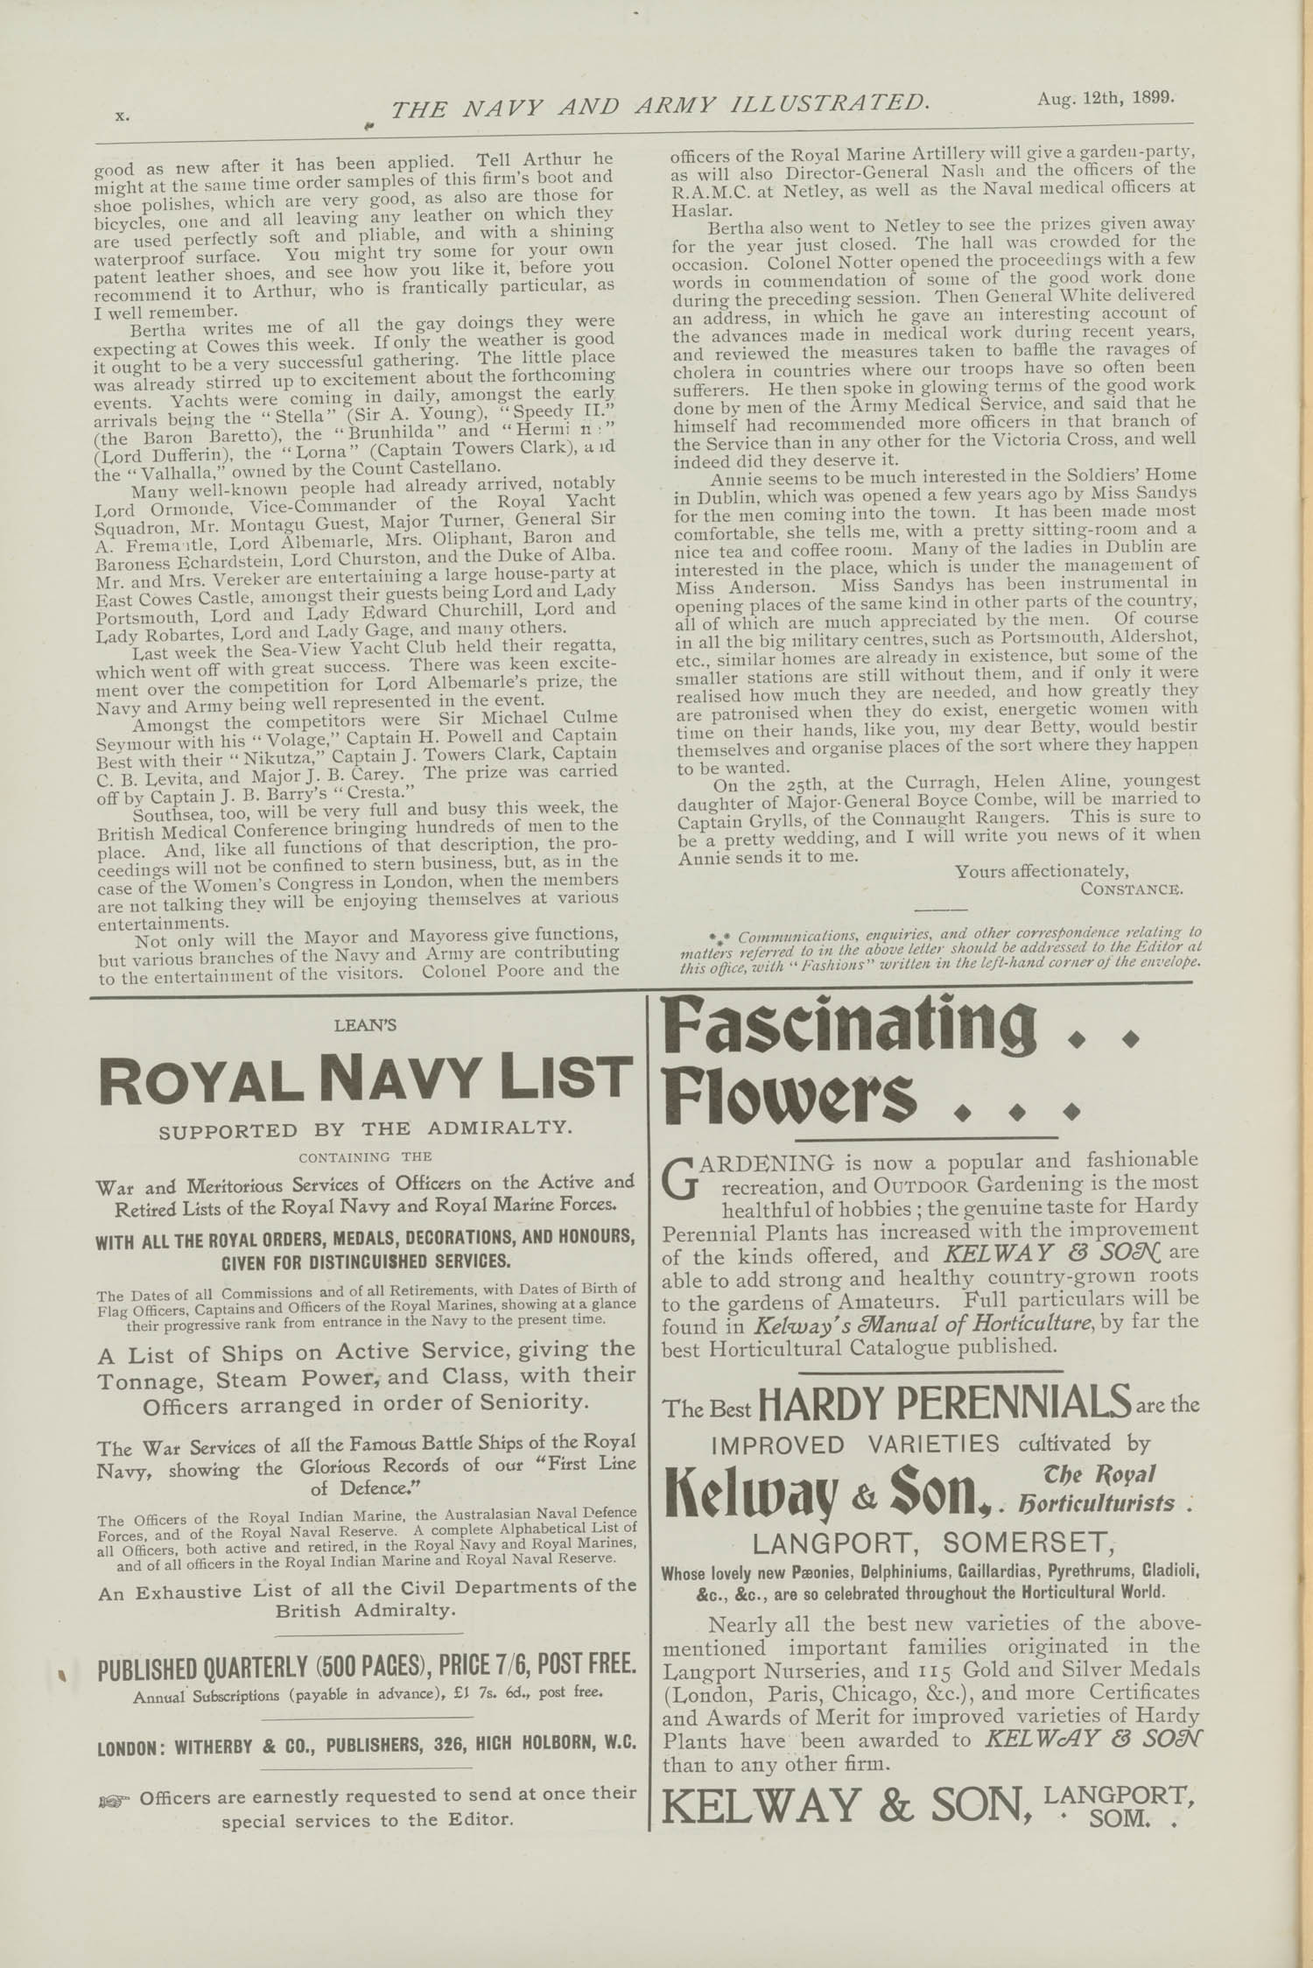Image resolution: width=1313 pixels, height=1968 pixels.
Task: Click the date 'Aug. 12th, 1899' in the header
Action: (x=1105, y=98)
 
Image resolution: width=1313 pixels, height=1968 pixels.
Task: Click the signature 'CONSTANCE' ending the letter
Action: (x=1131, y=889)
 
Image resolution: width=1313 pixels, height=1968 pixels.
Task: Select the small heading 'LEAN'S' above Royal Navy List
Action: (x=365, y=1025)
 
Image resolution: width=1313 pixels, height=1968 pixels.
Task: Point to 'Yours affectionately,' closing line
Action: (x=1042, y=871)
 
